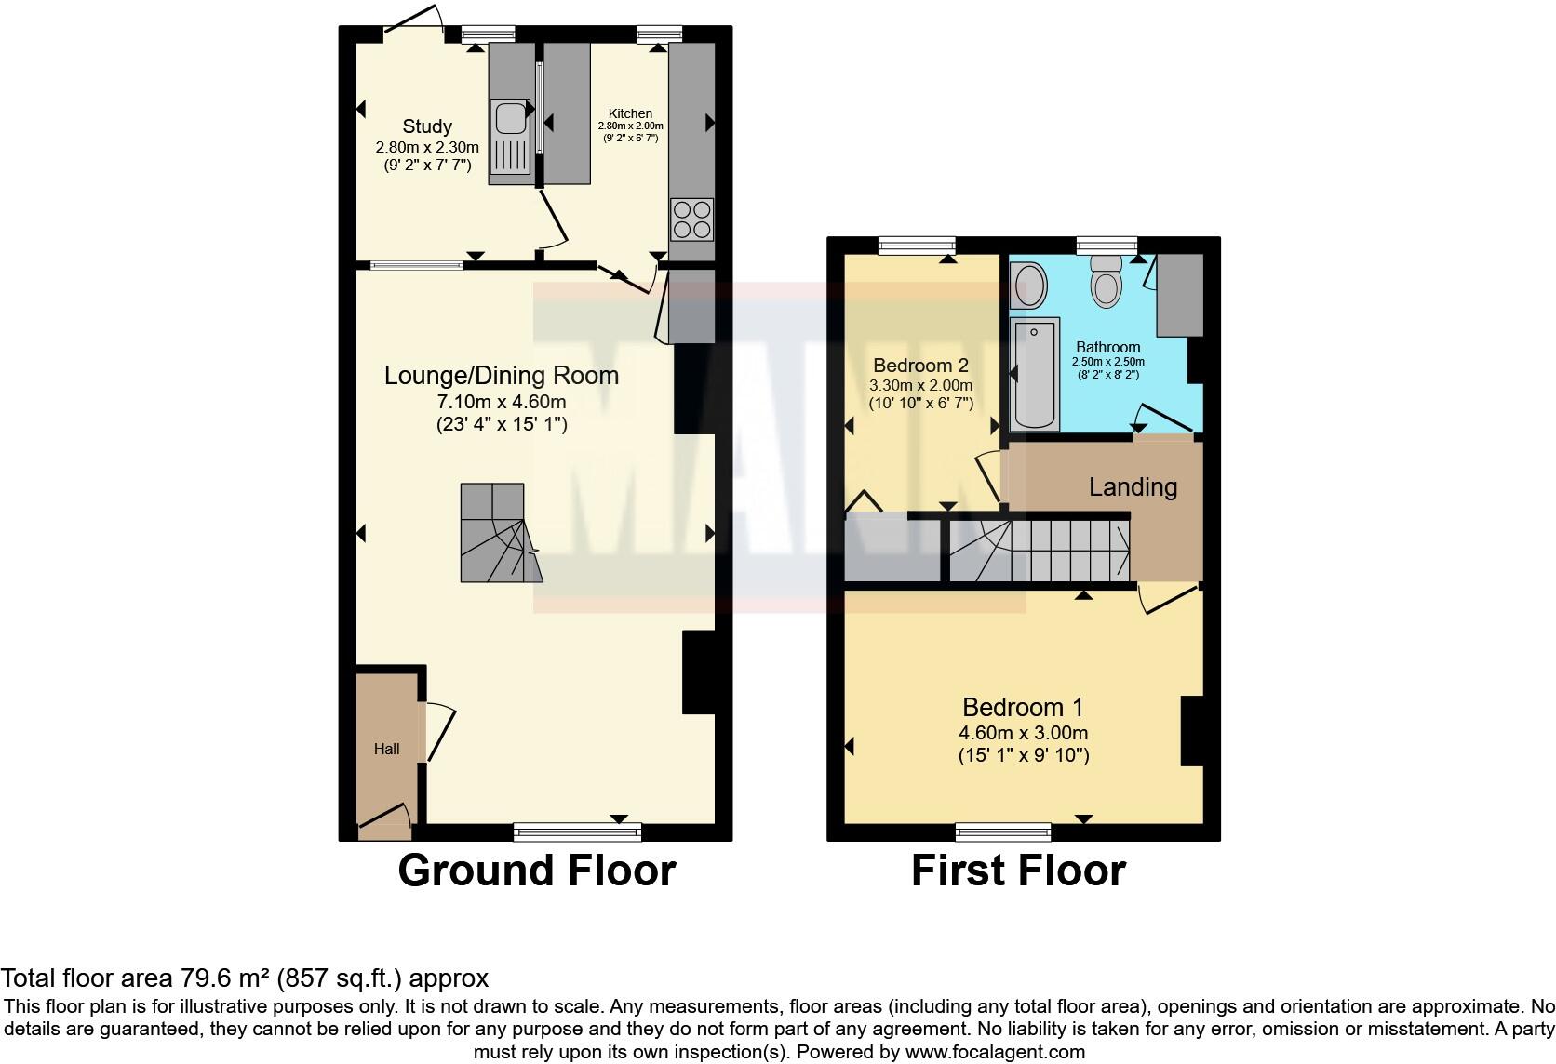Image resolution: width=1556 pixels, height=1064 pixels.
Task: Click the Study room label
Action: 427,126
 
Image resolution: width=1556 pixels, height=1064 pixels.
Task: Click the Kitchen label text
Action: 630,113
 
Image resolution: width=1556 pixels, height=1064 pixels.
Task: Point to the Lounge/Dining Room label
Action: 502,376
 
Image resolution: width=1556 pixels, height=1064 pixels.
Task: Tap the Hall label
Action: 386,749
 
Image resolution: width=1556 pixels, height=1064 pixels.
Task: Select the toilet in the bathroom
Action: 1107,280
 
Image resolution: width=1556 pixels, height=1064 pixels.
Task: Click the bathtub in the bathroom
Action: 1035,374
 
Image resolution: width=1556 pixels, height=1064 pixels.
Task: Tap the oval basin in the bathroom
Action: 1029,286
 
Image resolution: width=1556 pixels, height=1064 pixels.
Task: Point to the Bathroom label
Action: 1107,348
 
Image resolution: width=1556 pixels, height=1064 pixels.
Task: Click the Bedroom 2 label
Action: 919,366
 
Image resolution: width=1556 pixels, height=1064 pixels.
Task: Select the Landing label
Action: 1133,487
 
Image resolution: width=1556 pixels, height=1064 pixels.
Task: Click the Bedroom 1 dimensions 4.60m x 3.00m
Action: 1023,733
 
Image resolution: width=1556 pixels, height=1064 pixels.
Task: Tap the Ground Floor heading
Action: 537,871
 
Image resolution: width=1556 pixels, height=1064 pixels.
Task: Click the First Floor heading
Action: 1018,871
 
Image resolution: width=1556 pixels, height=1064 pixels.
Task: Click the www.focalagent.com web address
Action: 995,1053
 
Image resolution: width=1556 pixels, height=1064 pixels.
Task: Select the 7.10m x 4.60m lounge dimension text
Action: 502,402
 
